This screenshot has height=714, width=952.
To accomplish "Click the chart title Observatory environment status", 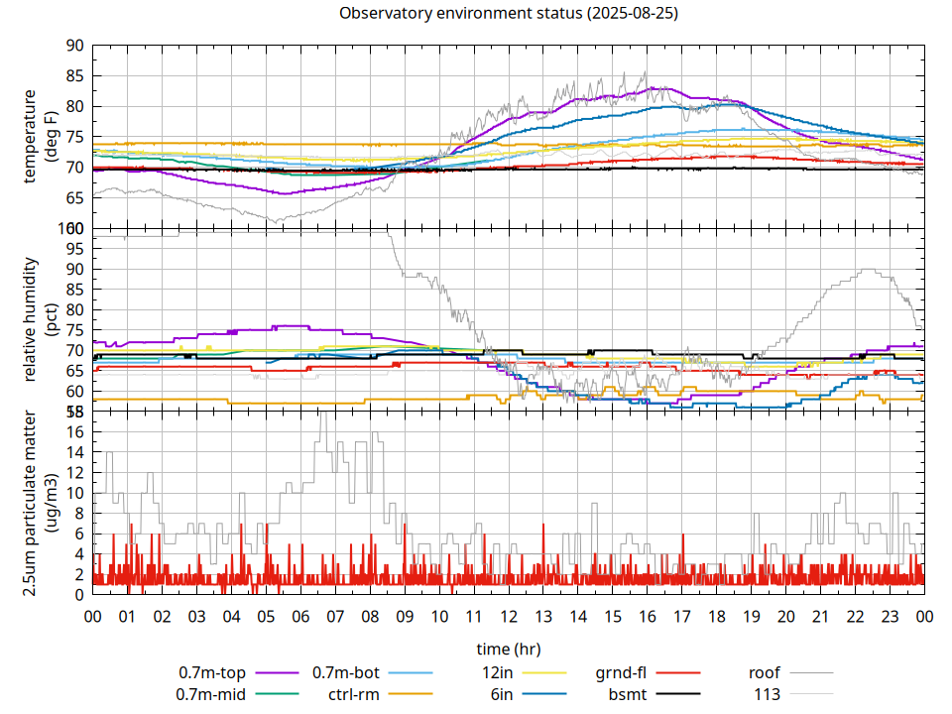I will pyautogui.click(x=509, y=13).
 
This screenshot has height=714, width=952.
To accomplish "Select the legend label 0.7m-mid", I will pyautogui.click(x=211, y=694).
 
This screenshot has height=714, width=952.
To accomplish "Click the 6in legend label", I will pyautogui.click(x=502, y=694).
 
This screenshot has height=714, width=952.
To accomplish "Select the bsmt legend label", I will pyautogui.click(x=627, y=694).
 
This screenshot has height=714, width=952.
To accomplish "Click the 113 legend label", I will pyautogui.click(x=768, y=694).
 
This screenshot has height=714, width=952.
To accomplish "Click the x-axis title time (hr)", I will pyautogui.click(x=509, y=649).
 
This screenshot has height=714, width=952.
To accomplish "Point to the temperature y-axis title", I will pyautogui.click(x=39, y=137).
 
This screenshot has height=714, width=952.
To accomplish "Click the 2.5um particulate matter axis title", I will pyautogui.click(x=39, y=503).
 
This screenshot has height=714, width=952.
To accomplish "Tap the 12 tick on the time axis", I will pyautogui.click(x=509, y=616).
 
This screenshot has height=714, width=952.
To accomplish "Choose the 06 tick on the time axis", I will pyautogui.click(x=300, y=616).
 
